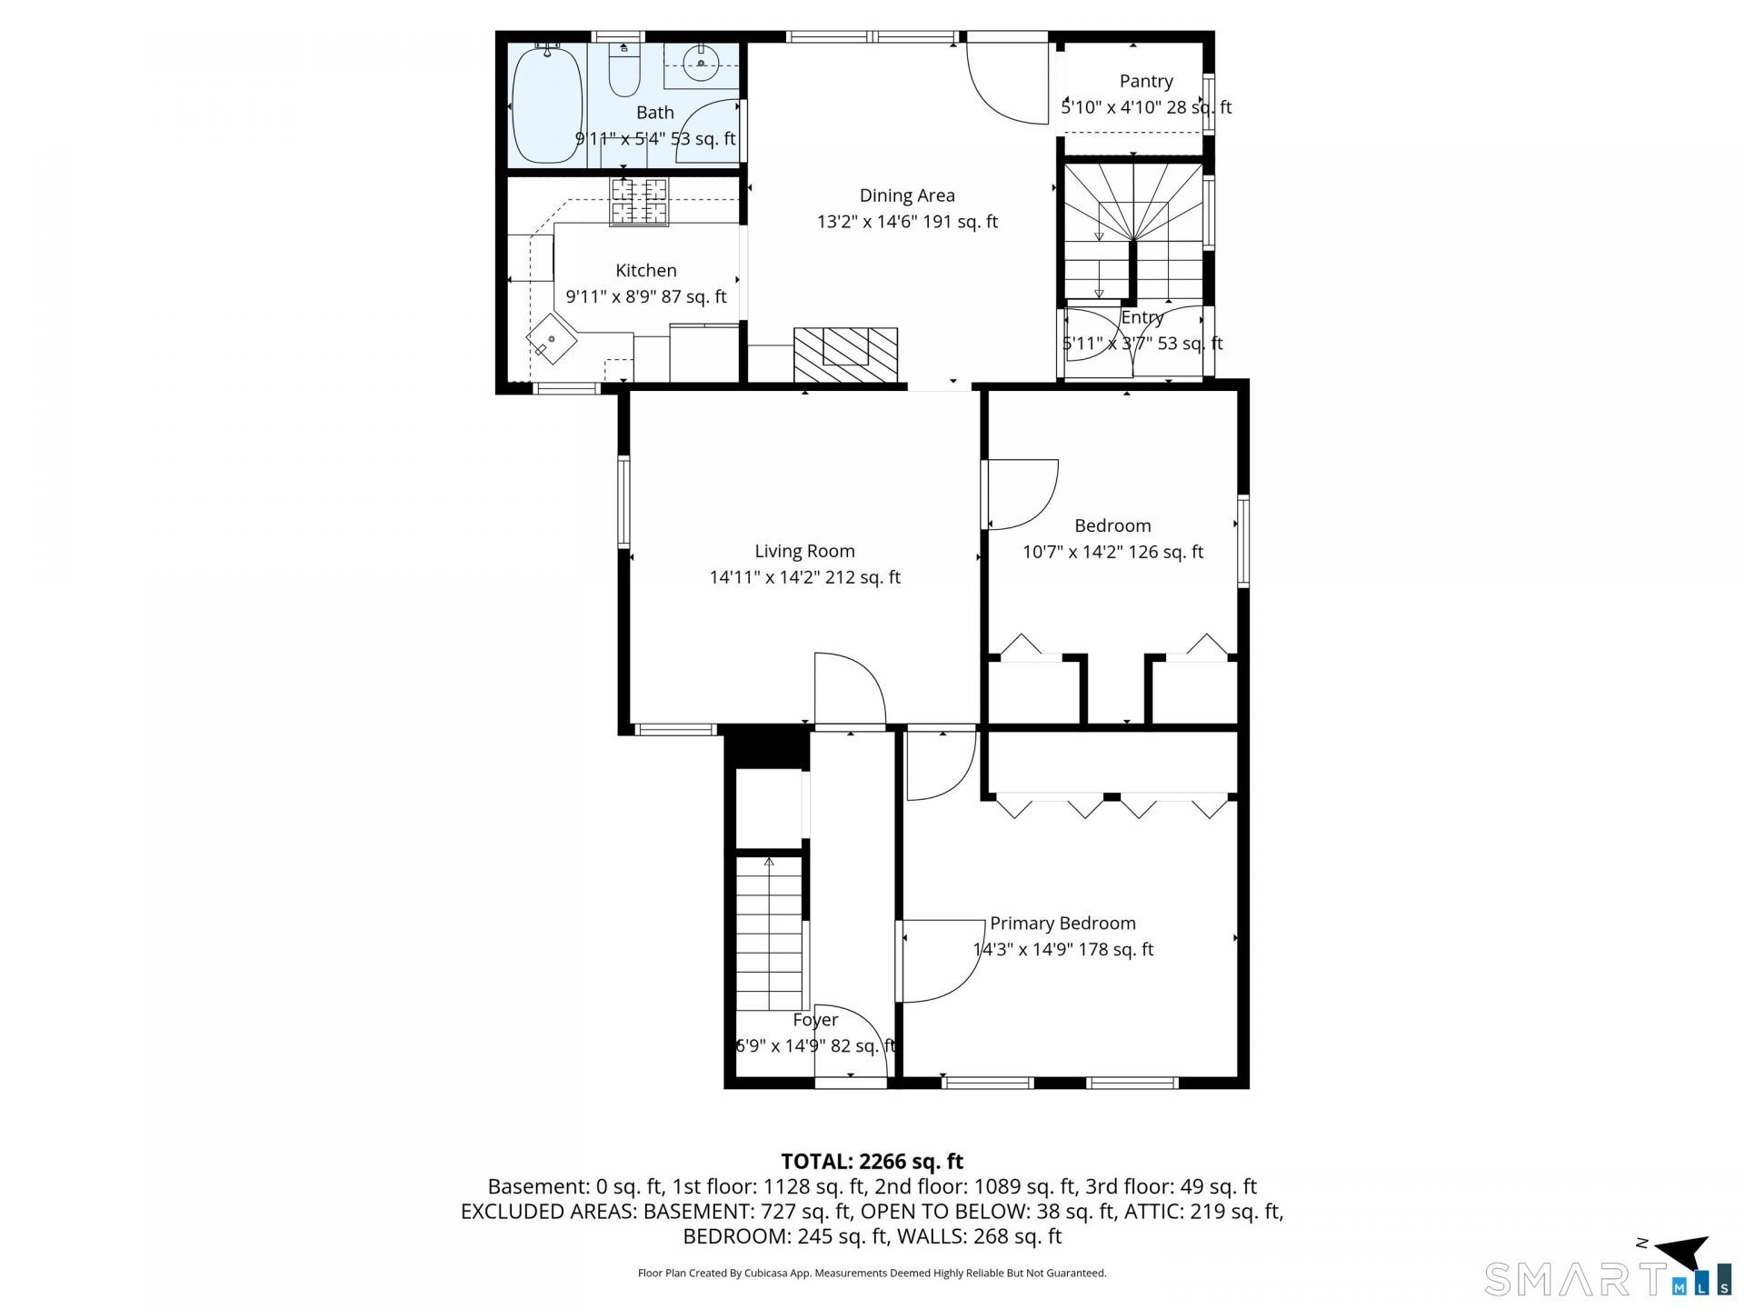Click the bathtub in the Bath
(546, 105)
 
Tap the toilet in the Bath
(624, 70)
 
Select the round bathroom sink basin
(701, 64)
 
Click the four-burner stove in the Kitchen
(639, 201)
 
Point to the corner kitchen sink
(552, 339)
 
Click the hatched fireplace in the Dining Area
(845, 355)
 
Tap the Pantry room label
(1146, 81)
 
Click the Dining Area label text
(907, 195)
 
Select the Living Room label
(804, 550)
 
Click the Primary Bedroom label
(1062, 923)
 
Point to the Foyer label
(815, 1020)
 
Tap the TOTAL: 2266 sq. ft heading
(872, 1161)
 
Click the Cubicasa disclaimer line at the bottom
(872, 1274)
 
